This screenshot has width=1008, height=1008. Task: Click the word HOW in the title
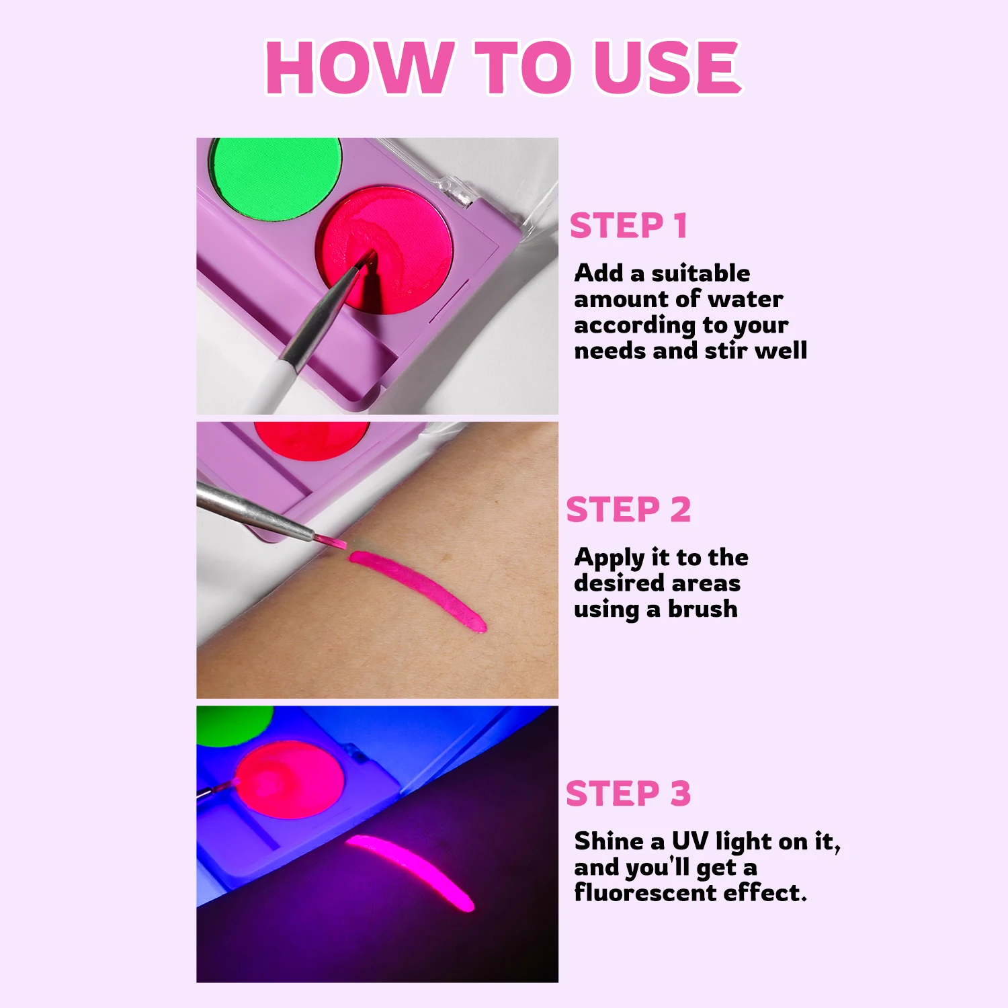click(357, 67)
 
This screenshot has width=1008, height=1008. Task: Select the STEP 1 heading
click(628, 226)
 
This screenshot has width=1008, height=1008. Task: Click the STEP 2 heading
click(628, 509)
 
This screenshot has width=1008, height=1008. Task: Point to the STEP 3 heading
click(628, 794)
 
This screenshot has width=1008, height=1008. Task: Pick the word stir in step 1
click(726, 351)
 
